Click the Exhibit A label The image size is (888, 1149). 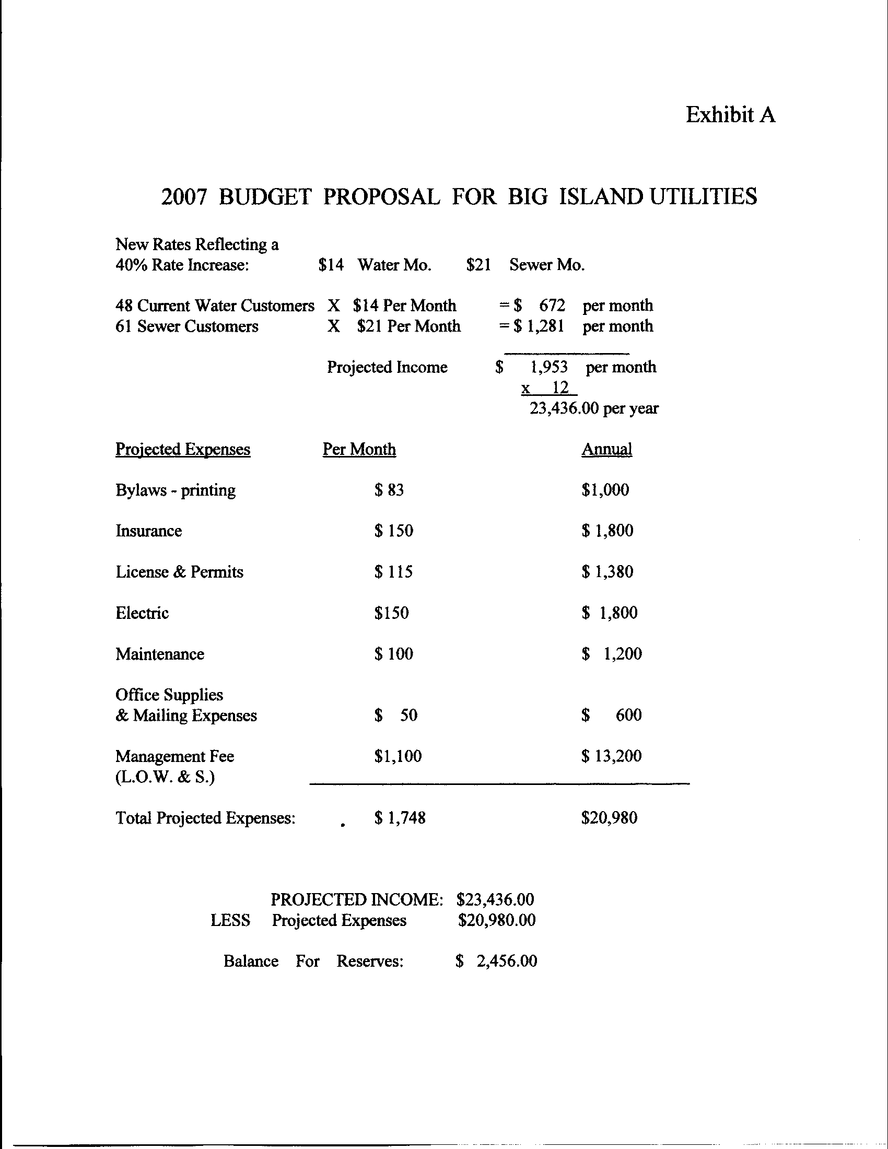[730, 115]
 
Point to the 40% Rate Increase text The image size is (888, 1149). [181, 265]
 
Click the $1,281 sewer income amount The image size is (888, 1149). [540, 326]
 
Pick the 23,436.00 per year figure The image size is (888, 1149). [593, 408]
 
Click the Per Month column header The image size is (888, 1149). [359, 449]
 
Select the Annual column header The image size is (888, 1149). [606, 449]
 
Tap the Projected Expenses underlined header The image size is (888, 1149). [182, 449]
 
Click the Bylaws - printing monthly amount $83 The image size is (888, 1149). [389, 490]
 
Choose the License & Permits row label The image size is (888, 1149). [179, 572]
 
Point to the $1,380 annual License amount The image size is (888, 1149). [607, 572]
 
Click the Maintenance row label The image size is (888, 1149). [160, 654]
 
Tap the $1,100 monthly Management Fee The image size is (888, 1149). [398, 756]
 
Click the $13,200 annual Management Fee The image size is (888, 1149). [611, 756]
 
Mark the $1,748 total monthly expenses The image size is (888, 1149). [400, 817]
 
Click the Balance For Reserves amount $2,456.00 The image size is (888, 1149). [497, 961]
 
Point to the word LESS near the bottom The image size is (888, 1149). [230, 920]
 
